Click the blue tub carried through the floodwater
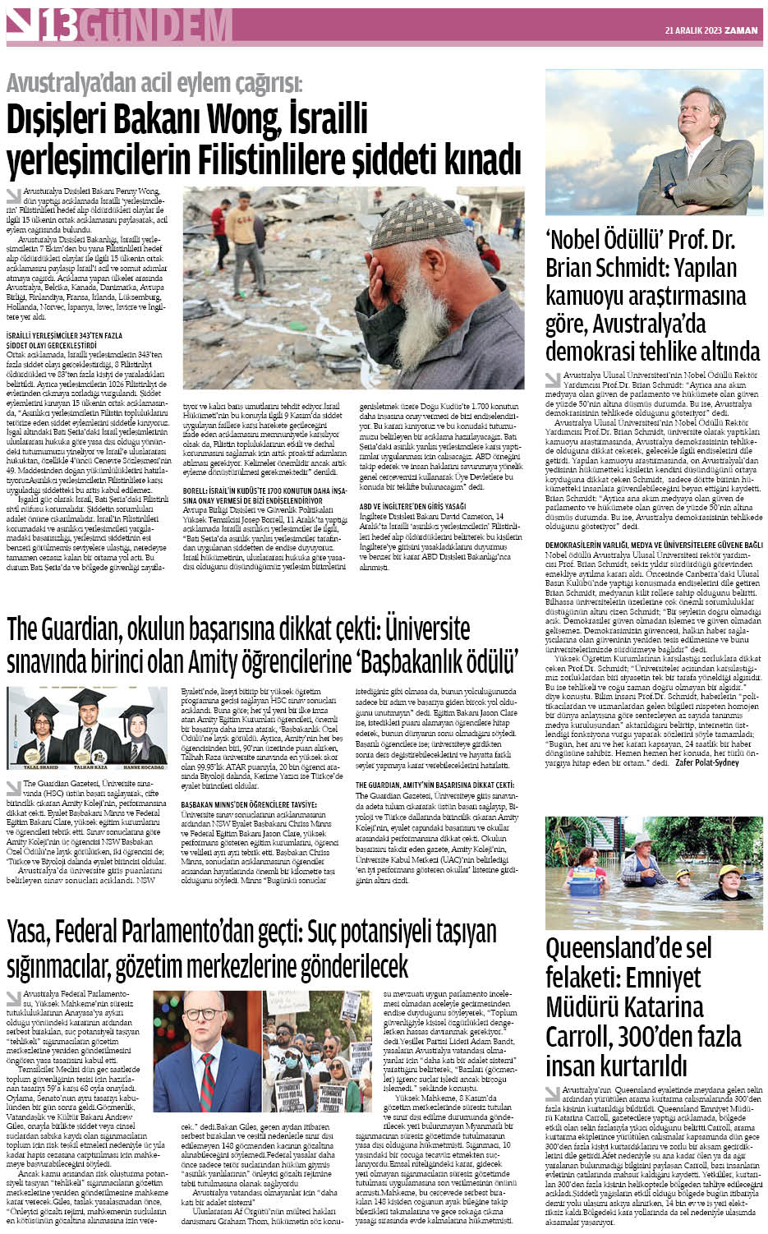(x=584, y=886)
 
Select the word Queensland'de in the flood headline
(x=629, y=949)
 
